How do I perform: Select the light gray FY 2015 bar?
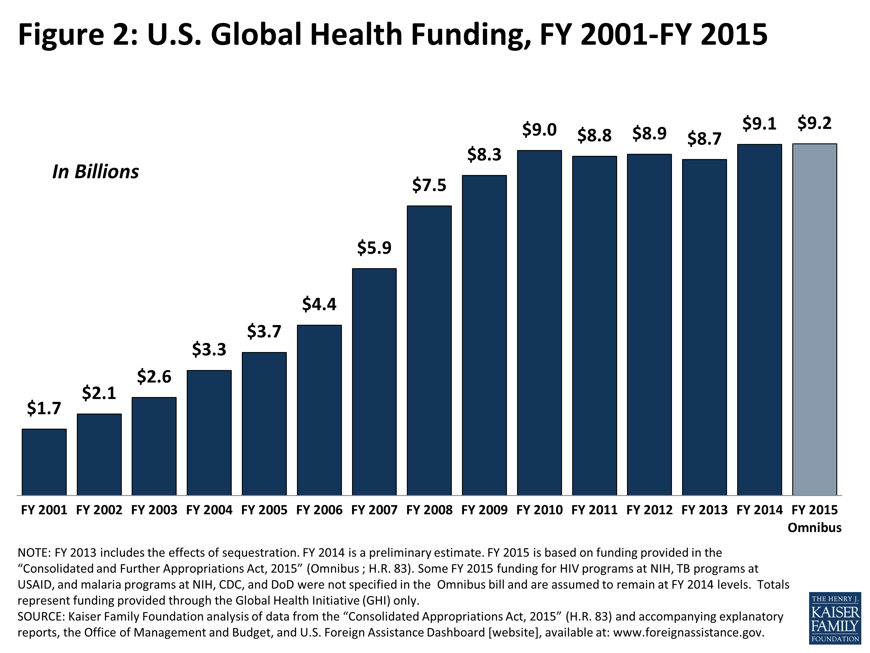tap(815, 319)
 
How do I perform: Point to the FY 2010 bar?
tap(539, 322)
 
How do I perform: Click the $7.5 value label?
tap(429, 185)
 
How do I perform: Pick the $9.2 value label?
tap(815, 123)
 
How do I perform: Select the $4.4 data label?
tap(319, 304)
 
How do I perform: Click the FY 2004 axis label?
tap(209, 510)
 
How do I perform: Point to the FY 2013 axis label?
tap(704, 510)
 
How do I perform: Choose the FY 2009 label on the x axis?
tap(484, 510)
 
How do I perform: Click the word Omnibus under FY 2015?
tap(815, 527)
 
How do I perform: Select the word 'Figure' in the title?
tap(61, 35)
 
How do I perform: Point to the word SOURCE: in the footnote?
tap(41, 616)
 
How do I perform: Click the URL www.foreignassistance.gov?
tap(688, 632)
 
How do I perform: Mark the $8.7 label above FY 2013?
tap(704, 139)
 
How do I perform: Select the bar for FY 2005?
tap(264, 423)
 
